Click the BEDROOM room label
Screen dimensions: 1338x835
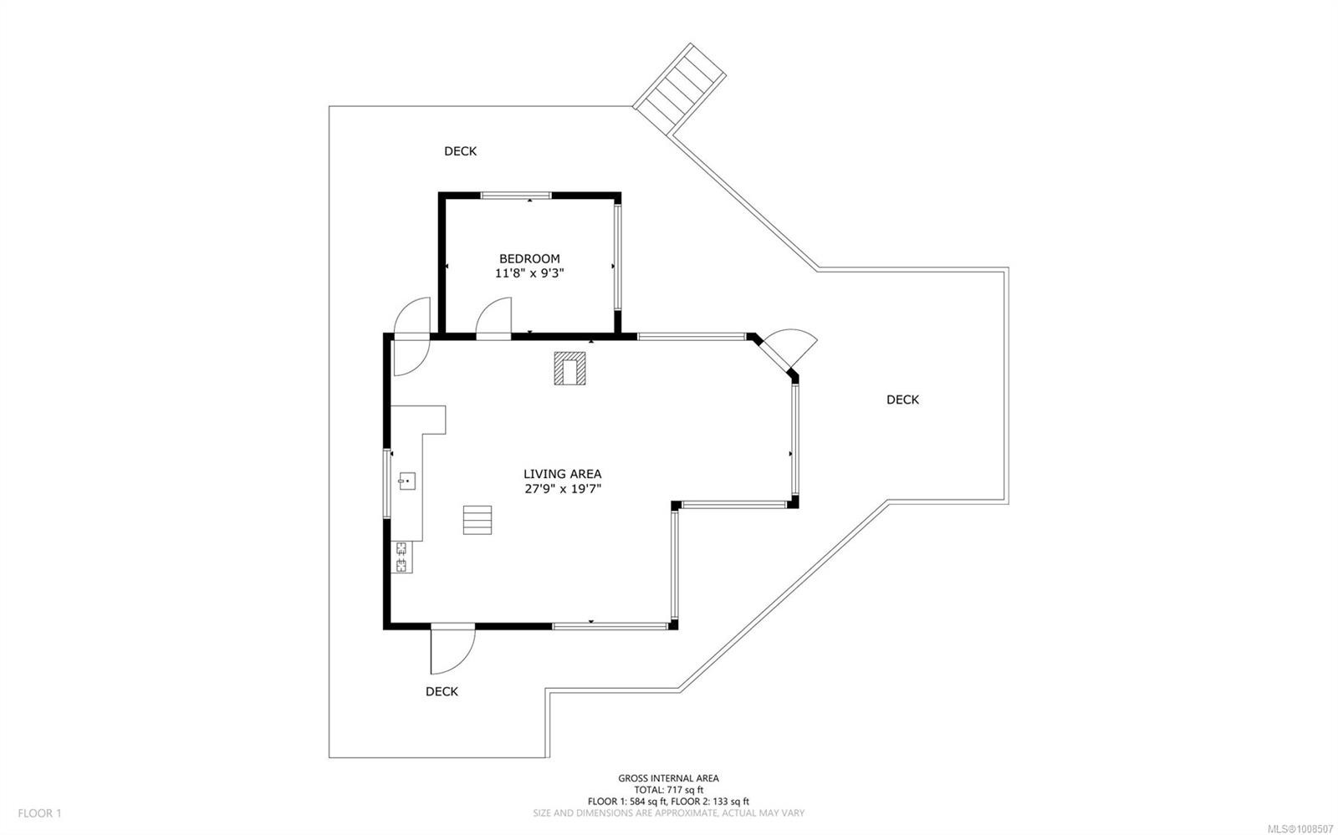[x=529, y=258]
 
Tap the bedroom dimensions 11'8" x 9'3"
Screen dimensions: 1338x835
[x=529, y=273]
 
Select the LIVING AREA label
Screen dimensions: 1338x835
[x=562, y=474]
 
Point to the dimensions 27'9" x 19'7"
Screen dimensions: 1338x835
[x=562, y=489]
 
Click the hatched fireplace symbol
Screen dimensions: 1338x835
[x=569, y=369]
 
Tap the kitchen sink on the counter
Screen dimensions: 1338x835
[x=406, y=481]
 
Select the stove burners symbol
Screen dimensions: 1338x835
[x=401, y=557]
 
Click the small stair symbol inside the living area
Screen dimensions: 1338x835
[x=477, y=520]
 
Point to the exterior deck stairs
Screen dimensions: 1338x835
[x=679, y=89]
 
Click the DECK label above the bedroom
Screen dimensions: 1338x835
[x=460, y=151]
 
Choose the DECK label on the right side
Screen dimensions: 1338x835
[x=902, y=400]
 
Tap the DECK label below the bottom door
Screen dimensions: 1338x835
[x=442, y=692]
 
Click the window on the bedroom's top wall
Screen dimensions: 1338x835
[x=515, y=196]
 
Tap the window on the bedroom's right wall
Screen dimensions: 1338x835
[x=618, y=257]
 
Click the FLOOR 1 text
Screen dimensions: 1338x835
[x=39, y=813]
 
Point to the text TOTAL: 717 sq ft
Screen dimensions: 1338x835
[x=668, y=790]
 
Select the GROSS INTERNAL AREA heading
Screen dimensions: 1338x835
[x=668, y=778]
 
